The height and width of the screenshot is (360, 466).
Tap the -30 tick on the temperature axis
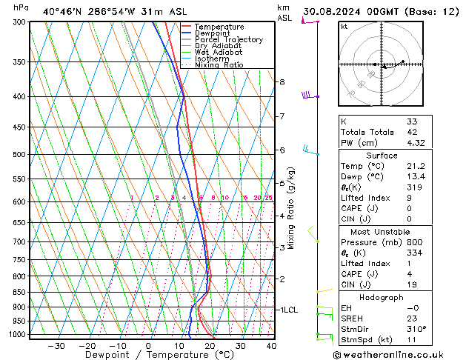(x=56, y=346)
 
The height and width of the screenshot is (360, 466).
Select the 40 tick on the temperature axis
(x=271, y=346)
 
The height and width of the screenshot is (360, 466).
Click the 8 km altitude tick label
(x=282, y=81)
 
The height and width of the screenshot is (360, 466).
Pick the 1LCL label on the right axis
(x=287, y=310)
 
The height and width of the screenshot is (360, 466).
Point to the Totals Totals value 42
(x=412, y=132)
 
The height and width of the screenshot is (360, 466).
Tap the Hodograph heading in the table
(x=382, y=297)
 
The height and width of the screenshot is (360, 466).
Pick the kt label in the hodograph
(x=344, y=27)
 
